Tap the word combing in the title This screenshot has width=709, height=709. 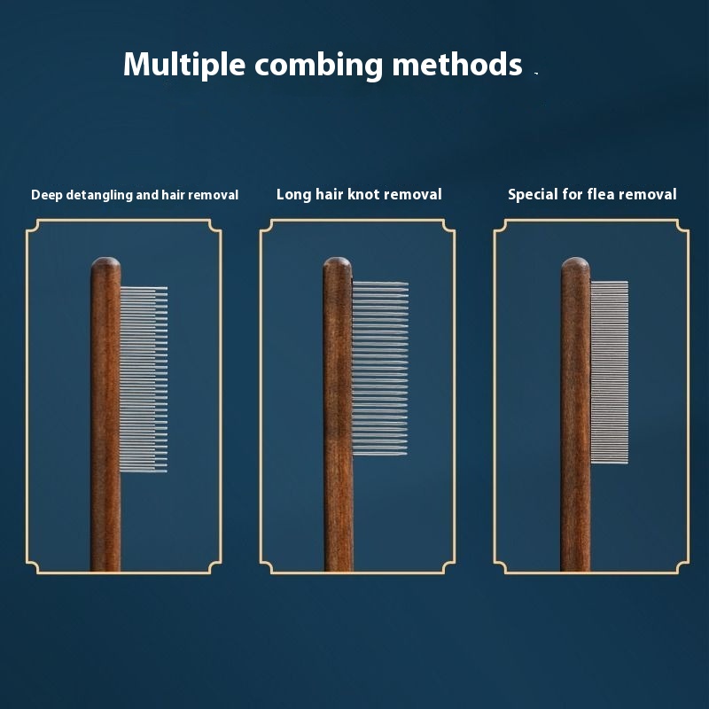[313, 66]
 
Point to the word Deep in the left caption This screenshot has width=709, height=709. [46, 194]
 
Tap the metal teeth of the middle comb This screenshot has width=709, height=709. [379, 369]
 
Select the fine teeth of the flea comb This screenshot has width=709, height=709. [610, 372]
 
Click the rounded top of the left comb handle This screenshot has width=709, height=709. [105, 263]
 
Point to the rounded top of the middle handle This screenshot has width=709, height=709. [338, 263]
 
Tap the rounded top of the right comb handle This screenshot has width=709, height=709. [575, 263]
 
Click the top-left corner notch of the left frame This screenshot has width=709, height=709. [33, 227]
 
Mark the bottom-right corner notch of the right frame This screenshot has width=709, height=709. [682, 566]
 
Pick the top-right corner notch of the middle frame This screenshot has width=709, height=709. [448, 227]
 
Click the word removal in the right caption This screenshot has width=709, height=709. [646, 194]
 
